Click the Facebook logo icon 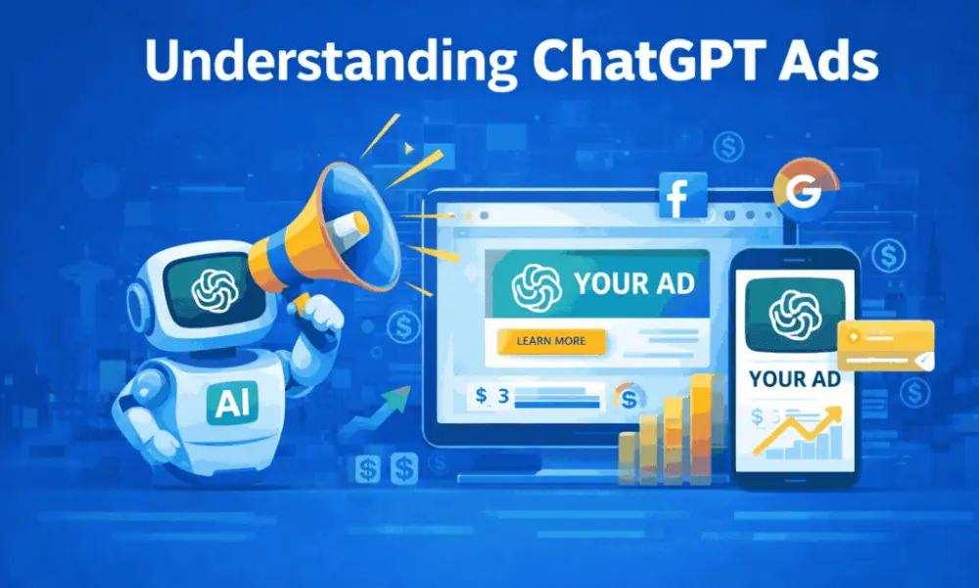675,195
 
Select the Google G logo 802,193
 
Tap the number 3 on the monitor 503,396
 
